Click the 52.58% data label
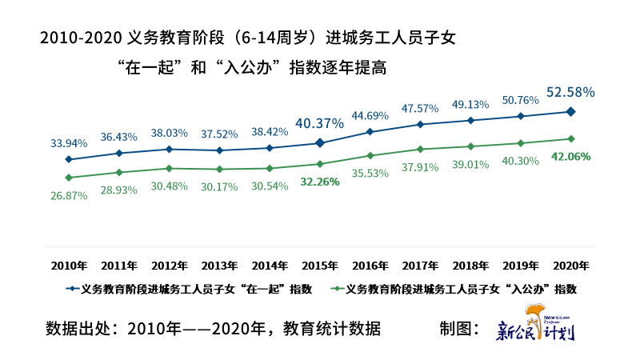point(570,93)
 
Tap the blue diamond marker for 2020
point(570,111)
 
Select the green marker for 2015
point(319,164)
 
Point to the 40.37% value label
point(319,123)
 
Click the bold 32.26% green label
point(319,182)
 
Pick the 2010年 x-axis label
point(69,266)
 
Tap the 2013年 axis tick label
point(219,266)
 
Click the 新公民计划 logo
point(536,326)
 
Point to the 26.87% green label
point(69,196)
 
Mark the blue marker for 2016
point(370,131)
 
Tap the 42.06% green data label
point(570,157)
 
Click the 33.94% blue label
point(69,144)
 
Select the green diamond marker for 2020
point(570,138)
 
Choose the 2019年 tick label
point(521,266)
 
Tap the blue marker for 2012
point(169,149)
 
